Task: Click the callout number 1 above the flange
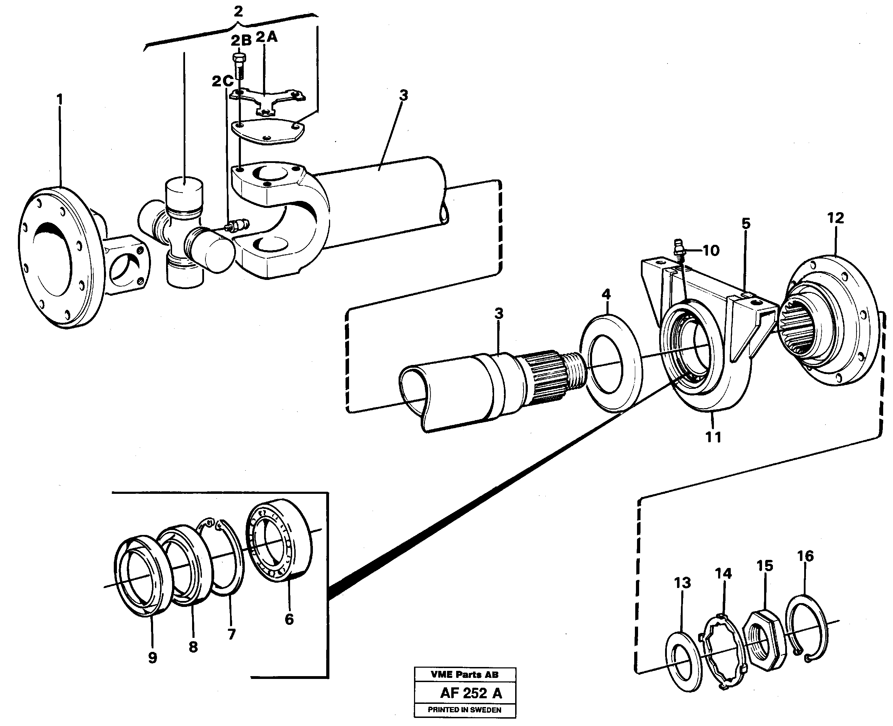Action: coord(60,99)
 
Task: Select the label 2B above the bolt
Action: coord(241,40)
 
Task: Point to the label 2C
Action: coord(222,81)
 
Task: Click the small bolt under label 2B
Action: coord(239,66)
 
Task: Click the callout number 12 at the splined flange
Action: coord(835,218)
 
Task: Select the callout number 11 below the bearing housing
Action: coord(713,437)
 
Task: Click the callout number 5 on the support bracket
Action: coord(746,223)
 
